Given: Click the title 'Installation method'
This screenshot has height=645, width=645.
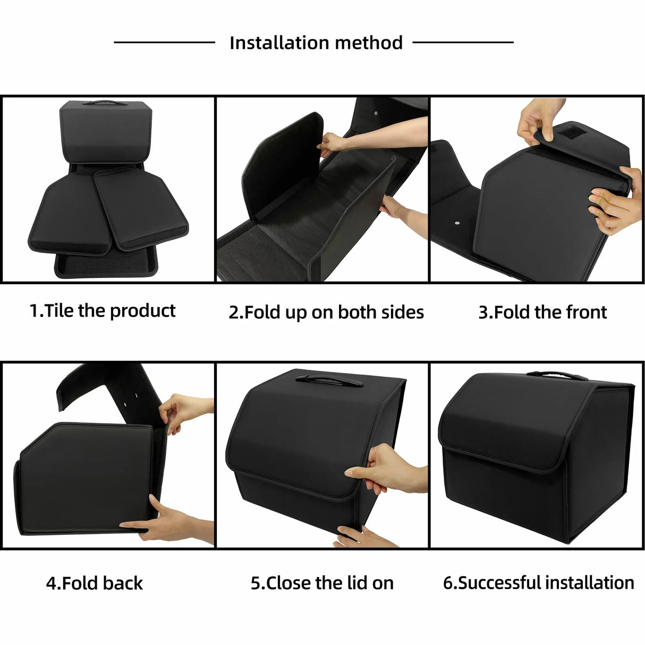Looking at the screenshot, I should tap(316, 43).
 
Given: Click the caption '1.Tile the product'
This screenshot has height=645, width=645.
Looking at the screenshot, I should tap(102, 311).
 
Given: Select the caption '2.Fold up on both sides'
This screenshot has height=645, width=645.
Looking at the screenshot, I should tap(326, 312).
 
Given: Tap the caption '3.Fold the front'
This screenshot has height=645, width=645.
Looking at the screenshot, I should tap(542, 312).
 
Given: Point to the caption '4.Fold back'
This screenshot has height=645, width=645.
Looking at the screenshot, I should tap(94, 583).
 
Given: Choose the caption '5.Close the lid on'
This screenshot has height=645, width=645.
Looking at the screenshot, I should tap(322, 583).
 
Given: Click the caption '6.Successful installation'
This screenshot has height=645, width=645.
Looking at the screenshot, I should tap(538, 583).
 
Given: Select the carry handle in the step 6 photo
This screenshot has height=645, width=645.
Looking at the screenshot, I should tap(557, 376).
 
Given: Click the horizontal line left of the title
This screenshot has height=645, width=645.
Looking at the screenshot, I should tap(164, 42).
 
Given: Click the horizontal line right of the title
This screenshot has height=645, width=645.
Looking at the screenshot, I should tap(463, 42).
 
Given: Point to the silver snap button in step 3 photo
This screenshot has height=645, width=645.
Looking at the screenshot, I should tap(457, 224).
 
